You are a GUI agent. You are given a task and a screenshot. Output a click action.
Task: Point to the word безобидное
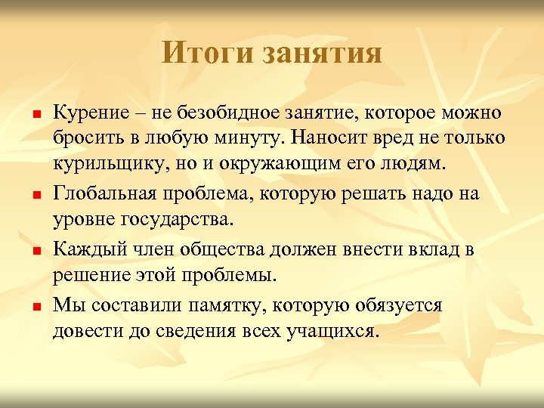tap(224, 113)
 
